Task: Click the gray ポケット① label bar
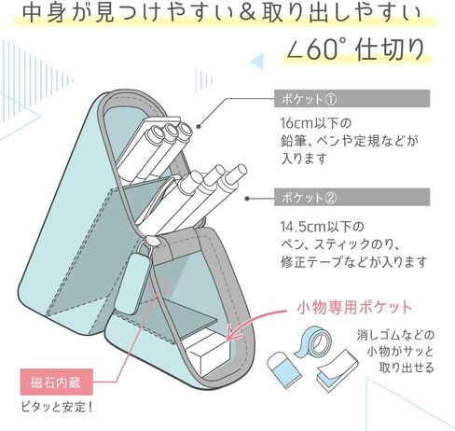point(352,99)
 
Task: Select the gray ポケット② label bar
point(352,197)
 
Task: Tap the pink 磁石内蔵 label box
point(56,382)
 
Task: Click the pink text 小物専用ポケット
point(354,308)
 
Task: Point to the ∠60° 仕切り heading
point(355,49)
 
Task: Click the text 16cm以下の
point(315,123)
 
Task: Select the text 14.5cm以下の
point(322,227)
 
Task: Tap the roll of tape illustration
point(313,341)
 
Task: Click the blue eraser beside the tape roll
point(284,369)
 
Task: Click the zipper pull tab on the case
point(131,282)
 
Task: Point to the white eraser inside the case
point(207,353)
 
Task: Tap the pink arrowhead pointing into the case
point(234,333)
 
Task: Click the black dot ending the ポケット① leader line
point(199,126)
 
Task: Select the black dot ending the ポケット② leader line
point(247,199)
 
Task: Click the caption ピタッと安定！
point(57,407)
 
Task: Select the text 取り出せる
point(406,368)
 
